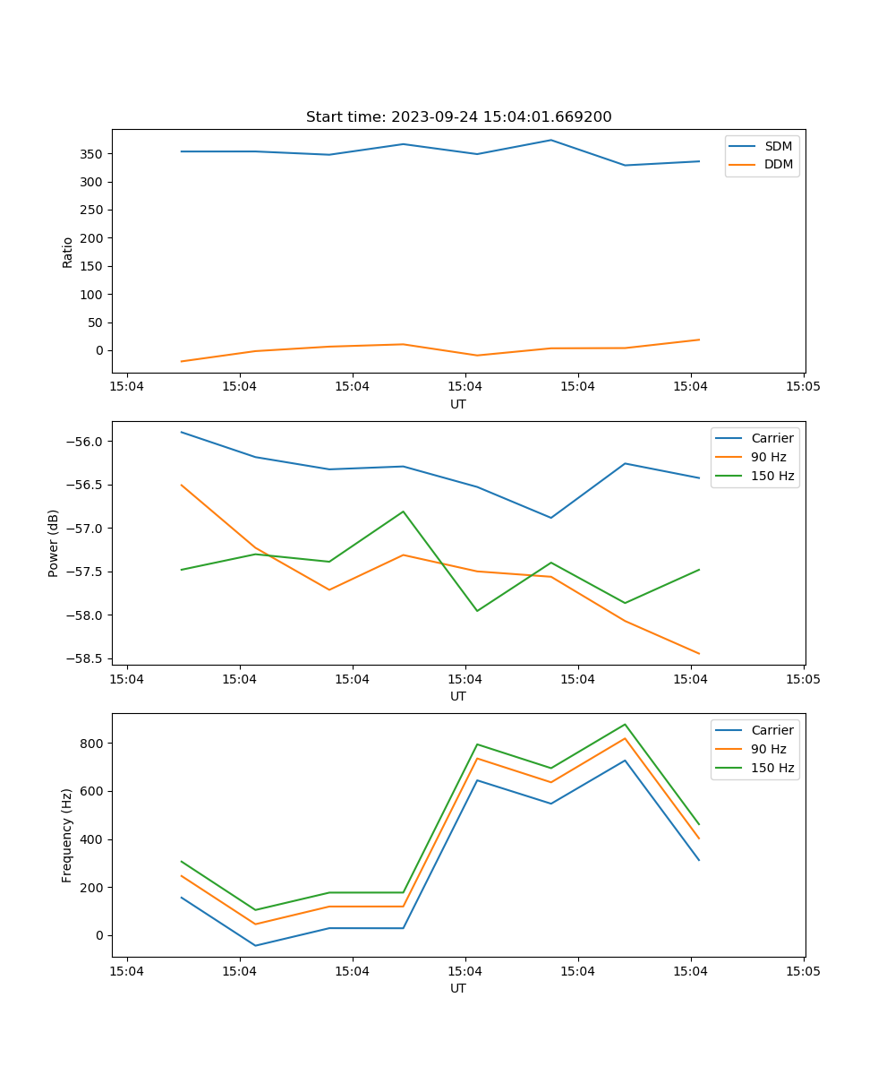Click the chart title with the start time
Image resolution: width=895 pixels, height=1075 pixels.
(458, 117)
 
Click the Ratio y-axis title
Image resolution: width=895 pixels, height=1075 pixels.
(68, 253)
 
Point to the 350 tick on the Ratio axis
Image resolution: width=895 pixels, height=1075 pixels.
(94, 154)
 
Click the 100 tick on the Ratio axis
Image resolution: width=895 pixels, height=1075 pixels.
(94, 295)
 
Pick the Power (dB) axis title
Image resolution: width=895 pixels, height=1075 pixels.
(54, 543)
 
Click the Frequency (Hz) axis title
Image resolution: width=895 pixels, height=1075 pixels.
(67, 835)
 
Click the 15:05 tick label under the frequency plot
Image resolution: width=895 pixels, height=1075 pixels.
(803, 969)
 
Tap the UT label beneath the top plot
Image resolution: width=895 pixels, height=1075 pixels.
(458, 404)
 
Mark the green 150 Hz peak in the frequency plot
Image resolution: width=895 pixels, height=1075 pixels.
(625, 725)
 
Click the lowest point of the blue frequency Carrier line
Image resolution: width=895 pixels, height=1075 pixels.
(255, 945)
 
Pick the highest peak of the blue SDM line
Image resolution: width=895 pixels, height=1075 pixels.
(551, 140)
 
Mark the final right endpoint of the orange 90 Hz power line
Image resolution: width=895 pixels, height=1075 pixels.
(699, 654)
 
